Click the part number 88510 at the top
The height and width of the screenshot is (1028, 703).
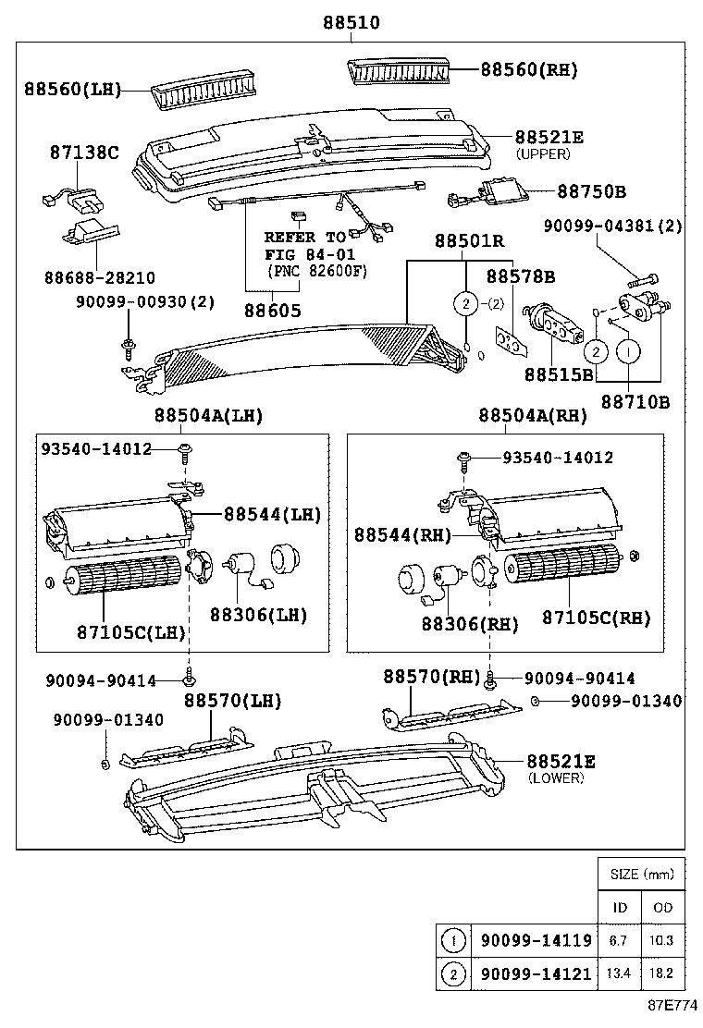click(351, 21)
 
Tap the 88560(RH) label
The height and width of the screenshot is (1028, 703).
click(527, 68)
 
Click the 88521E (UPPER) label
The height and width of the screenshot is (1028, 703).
click(549, 137)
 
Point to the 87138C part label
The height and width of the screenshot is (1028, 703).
click(84, 153)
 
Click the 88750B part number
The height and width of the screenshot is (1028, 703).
click(591, 191)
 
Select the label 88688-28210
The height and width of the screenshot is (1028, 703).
click(99, 277)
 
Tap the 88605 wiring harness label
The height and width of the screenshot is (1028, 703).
click(273, 312)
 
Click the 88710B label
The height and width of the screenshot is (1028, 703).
click(635, 401)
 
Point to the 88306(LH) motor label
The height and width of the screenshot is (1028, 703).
click(258, 614)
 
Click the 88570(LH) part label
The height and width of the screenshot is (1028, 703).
click(231, 702)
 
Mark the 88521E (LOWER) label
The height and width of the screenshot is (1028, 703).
click(561, 762)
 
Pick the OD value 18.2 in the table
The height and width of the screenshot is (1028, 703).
click(662, 973)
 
